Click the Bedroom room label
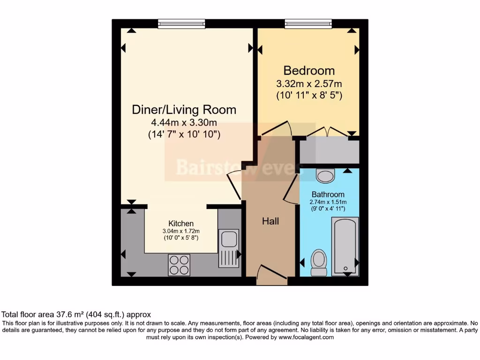click(x=309, y=71)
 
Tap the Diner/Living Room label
click(x=184, y=110)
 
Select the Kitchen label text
click(x=181, y=224)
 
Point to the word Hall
click(x=270, y=221)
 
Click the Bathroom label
click(x=328, y=195)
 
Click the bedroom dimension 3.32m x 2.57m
click(x=309, y=84)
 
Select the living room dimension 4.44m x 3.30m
click(x=184, y=123)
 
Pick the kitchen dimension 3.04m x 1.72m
click(x=181, y=231)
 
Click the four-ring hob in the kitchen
click(x=179, y=265)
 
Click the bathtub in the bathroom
click(x=345, y=246)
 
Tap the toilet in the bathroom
click(x=319, y=262)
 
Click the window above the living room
click(x=181, y=23)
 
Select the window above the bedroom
click(x=308, y=23)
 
